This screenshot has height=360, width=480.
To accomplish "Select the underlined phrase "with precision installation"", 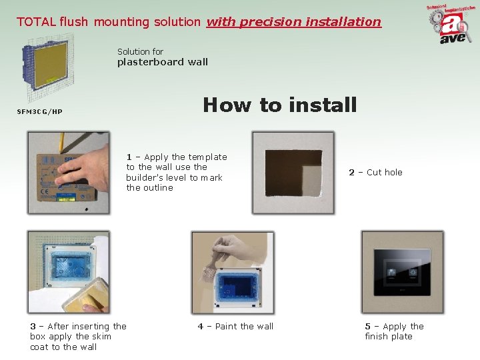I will pyautogui.click(x=293, y=21).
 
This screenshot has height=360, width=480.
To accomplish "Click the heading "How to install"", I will pyautogui.click(x=279, y=105).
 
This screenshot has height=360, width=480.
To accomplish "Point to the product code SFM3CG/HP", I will pyautogui.click(x=39, y=111).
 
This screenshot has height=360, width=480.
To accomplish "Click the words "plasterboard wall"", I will pyautogui.click(x=163, y=62).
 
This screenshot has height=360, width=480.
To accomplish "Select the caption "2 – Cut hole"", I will pyautogui.click(x=375, y=172).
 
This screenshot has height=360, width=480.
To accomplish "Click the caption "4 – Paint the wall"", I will pyautogui.click(x=235, y=326).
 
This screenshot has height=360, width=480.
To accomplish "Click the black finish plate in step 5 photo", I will pyautogui.click(x=401, y=273).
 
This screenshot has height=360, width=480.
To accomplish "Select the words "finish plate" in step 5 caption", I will pyautogui.click(x=389, y=336).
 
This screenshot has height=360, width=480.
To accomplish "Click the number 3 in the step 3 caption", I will pyautogui.click(x=33, y=326).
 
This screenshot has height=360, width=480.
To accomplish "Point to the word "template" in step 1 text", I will pyautogui.click(x=207, y=157).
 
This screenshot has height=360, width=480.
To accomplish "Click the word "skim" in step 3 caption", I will pyautogui.click(x=101, y=336).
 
